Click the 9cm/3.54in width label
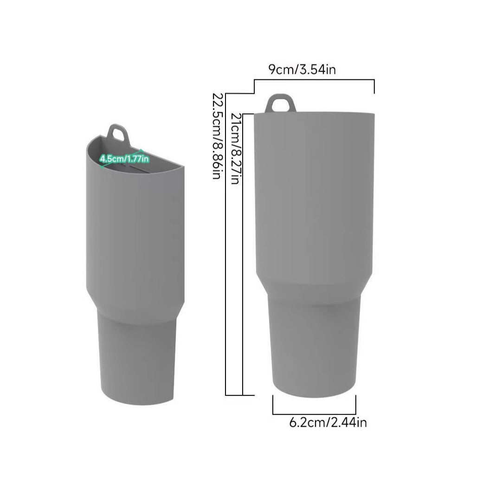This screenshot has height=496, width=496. point(302,70)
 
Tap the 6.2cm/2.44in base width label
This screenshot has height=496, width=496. point(328,422)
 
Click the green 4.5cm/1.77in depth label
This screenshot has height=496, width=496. point(124,159)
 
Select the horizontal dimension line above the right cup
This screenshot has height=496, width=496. point(314,80)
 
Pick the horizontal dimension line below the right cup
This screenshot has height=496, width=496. point(314,413)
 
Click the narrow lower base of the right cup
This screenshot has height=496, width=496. point(314,343)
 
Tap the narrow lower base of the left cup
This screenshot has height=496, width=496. point(137,353)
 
